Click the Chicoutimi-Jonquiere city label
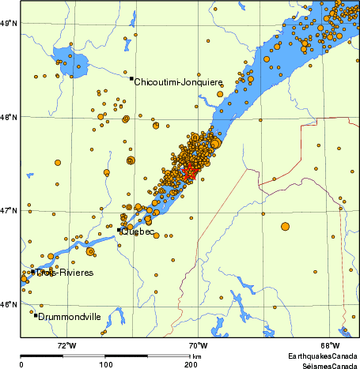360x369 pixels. click(x=178, y=82)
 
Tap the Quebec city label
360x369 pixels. click(x=138, y=232)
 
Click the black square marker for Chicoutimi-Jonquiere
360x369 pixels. click(x=131, y=78)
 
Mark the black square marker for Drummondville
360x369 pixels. click(x=36, y=315)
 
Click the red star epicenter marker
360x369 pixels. click(x=189, y=171)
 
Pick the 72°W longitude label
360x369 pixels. click(x=66, y=345)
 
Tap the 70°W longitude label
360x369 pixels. click(x=198, y=345)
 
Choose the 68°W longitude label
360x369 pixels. click(x=330, y=345)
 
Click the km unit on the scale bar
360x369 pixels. click(x=196, y=357)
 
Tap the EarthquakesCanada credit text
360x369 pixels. click(x=316, y=357)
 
